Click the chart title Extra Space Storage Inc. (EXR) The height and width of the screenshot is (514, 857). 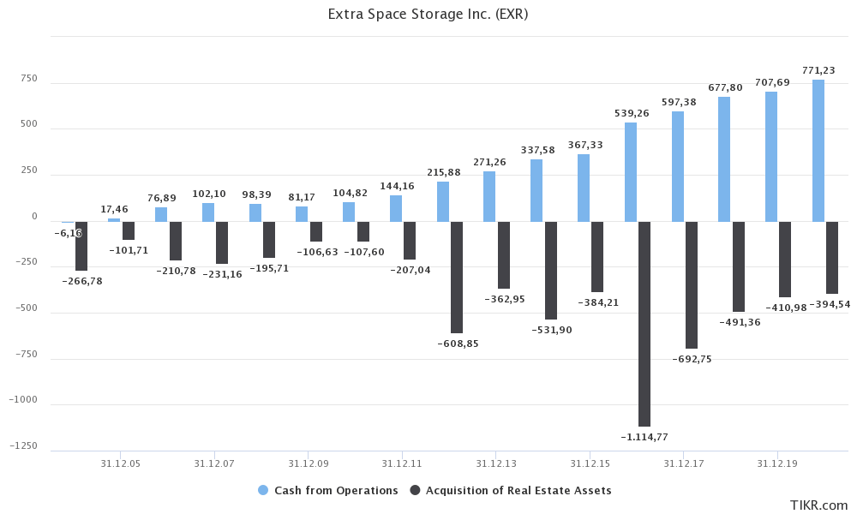(428, 15)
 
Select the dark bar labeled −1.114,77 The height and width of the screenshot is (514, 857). (644, 324)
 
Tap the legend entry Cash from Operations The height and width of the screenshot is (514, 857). (327, 490)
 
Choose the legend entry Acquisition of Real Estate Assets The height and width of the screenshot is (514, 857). (511, 490)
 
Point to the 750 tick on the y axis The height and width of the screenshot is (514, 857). (28, 79)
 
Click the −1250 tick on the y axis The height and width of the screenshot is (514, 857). (24, 446)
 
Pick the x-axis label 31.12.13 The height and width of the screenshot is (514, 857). (495, 463)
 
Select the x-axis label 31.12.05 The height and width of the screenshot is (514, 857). (120, 463)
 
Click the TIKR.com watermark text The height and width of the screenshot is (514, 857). (818, 505)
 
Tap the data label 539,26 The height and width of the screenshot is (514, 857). (632, 113)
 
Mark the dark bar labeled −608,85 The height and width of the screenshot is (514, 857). (457, 278)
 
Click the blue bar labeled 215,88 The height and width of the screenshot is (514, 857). (443, 201)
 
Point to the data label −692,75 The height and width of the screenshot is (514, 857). (692, 359)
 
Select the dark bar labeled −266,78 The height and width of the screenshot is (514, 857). (81, 246)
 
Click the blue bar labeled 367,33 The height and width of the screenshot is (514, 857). (584, 188)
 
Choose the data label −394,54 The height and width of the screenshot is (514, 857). (830, 304)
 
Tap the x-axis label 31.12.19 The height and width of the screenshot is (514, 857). (776, 463)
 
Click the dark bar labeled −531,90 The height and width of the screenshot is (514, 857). (551, 270)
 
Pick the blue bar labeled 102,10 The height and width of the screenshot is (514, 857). (208, 212)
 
